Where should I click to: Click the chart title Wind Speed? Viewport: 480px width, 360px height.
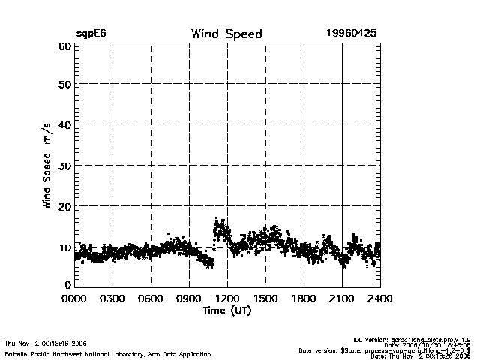[x=226, y=34]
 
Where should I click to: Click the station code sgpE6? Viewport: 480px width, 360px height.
[x=91, y=34]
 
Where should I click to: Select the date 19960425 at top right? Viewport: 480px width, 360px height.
[x=351, y=34]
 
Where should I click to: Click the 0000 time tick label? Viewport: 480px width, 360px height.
[x=74, y=298]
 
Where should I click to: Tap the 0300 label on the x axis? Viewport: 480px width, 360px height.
[x=112, y=298]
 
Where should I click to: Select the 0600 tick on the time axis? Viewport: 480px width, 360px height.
[x=151, y=298]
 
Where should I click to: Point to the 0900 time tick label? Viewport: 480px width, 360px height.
[x=189, y=298]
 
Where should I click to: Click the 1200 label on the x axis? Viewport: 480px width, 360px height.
[x=227, y=298]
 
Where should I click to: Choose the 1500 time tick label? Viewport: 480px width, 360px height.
[x=265, y=298]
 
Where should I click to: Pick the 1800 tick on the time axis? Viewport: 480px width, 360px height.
[x=304, y=298]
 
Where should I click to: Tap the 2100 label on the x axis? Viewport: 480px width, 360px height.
[x=342, y=298]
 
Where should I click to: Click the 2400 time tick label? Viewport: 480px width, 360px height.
[x=379, y=298]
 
